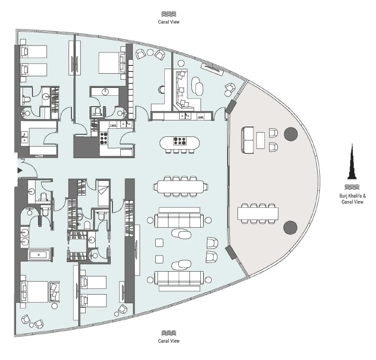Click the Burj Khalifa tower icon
pyautogui.click(x=352, y=162)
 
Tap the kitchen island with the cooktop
pyautogui.click(x=180, y=143)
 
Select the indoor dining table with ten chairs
pyautogui.click(x=180, y=187)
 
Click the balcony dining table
pyautogui.click(x=258, y=214)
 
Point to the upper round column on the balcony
pyautogui.click(x=291, y=134)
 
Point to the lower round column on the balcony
pyautogui.click(x=290, y=227)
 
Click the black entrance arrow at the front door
pyautogui.click(x=19, y=171)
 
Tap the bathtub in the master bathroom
pyautogui.click(x=39, y=255)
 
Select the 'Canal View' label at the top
pyautogui.click(x=169, y=22)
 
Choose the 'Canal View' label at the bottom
pyautogui.click(x=169, y=341)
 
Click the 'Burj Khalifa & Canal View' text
pyautogui.click(x=353, y=199)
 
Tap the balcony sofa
pyautogui.click(x=247, y=140)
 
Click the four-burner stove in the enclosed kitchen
pyautogui.click(x=103, y=138)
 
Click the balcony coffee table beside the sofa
pyautogui.click(x=260, y=140)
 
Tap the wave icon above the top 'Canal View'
pyautogui.click(x=169, y=14)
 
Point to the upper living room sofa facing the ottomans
pyautogui.click(x=179, y=221)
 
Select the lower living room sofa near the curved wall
pyautogui.click(x=179, y=278)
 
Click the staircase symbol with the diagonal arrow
pyautogui.click(x=103, y=193)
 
